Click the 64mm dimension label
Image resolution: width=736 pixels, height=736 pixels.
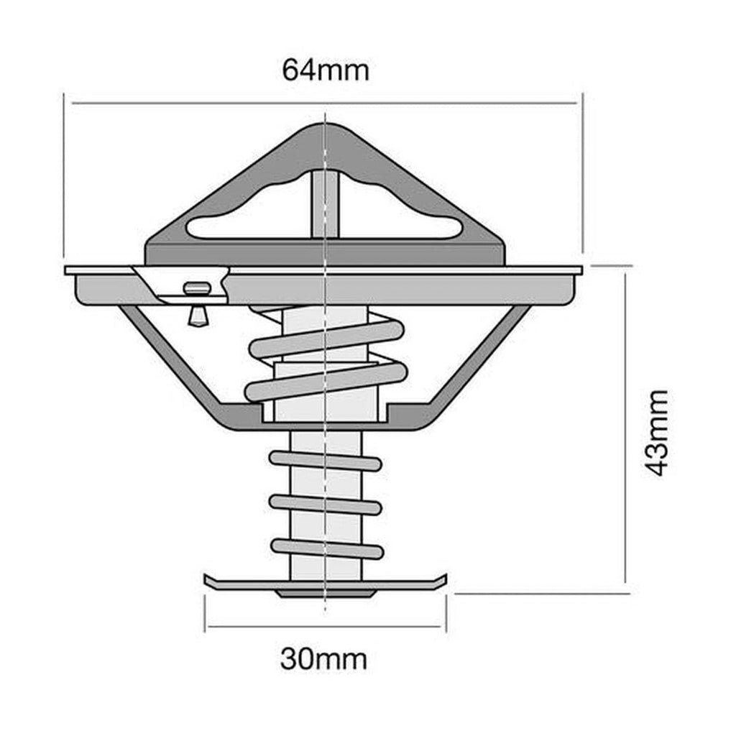(326, 70)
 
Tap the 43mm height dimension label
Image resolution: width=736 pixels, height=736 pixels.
(656, 433)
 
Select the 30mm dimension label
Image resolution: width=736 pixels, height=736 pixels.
(323, 658)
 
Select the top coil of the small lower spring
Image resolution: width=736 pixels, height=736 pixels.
(326, 461)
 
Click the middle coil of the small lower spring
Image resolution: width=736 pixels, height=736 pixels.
(326, 504)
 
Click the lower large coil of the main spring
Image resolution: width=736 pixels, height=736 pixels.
(326, 382)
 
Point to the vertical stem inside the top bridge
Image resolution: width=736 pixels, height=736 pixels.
(325, 205)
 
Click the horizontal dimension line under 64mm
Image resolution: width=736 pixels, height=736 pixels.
(216, 103)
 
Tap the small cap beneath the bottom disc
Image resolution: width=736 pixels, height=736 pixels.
(326, 594)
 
